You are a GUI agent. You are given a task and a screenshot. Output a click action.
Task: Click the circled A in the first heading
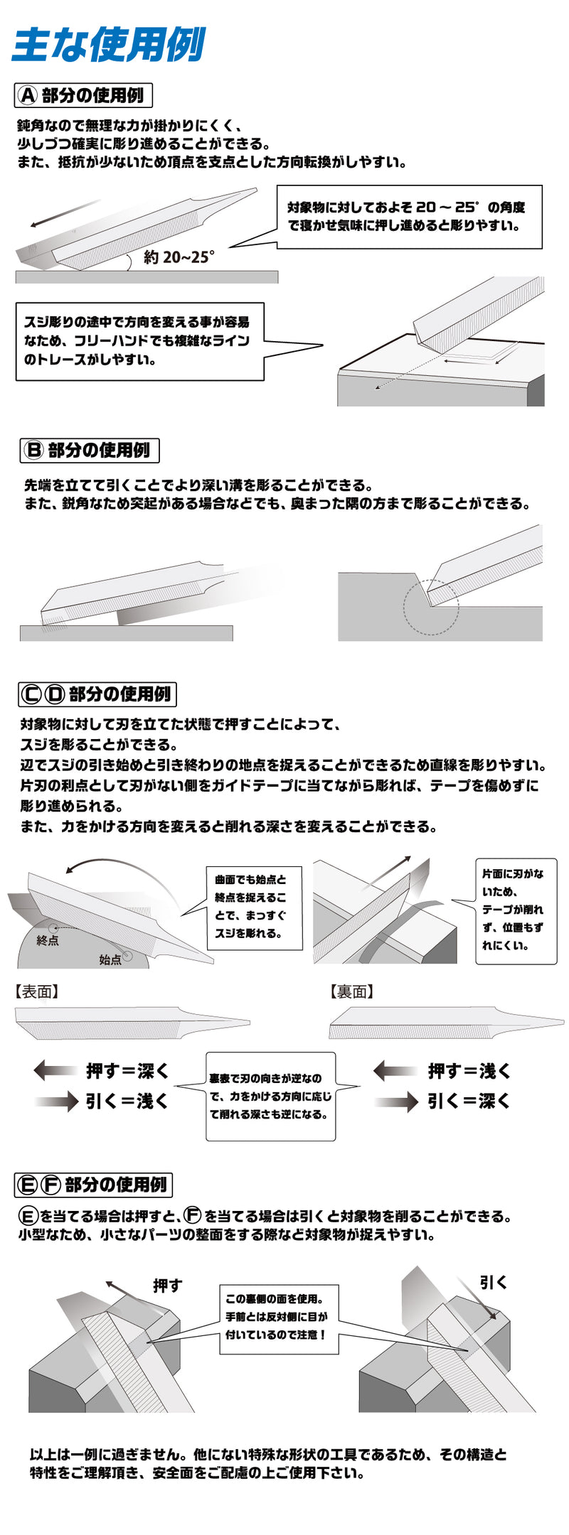(28, 95)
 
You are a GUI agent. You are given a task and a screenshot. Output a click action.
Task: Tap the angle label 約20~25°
(178, 257)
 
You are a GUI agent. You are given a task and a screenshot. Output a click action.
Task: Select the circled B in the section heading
(33, 451)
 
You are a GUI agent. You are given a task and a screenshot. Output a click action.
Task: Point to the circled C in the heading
(31, 694)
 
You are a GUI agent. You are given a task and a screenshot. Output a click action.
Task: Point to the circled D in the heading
(54, 694)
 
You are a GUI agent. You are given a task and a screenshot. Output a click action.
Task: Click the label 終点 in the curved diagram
(48, 940)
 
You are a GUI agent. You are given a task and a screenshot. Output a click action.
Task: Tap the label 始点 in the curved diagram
(110, 960)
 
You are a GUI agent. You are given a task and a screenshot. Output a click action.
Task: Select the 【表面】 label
(36, 992)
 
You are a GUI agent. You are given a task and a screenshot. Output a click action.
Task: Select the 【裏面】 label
(351, 992)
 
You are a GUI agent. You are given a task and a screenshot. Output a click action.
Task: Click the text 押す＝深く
(127, 1070)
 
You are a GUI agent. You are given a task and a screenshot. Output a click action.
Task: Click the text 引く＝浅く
(127, 1101)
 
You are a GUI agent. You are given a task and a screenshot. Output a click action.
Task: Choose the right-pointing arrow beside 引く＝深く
(396, 1102)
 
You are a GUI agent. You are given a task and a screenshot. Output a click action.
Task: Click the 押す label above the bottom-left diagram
(168, 1286)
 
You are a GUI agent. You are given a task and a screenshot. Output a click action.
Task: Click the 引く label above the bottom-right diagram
(493, 1283)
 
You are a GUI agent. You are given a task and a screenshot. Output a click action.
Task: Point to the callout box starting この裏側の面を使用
(279, 1316)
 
